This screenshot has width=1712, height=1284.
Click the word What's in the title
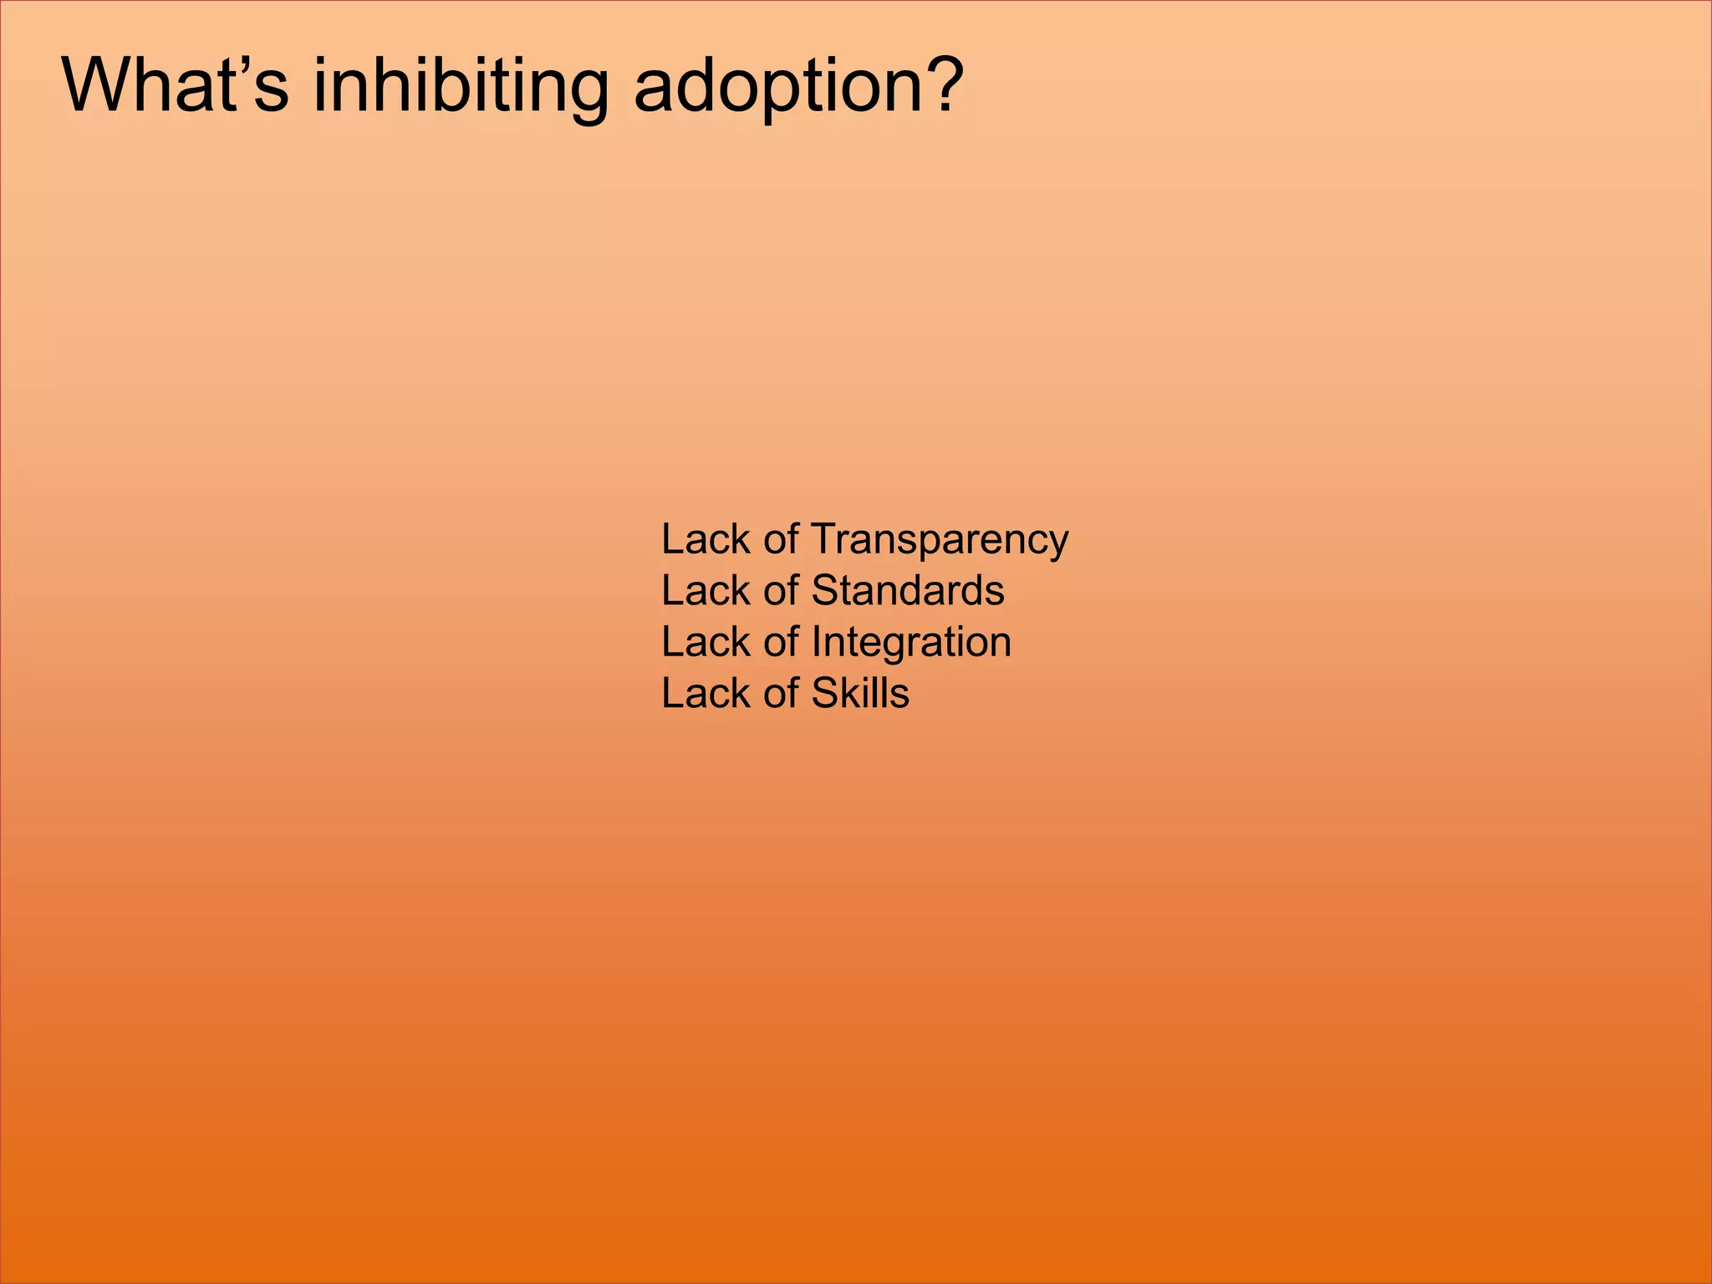(175, 85)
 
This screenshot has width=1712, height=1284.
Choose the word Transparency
(940, 540)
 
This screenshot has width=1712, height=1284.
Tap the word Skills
(860, 693)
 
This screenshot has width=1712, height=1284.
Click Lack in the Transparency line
(706, 539)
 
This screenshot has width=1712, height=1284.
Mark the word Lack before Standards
(706, 590)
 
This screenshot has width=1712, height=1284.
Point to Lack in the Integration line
(706, 642)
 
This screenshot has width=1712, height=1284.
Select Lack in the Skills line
(706, 693)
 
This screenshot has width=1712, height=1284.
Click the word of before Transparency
(781, 539)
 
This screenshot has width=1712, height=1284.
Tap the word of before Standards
(781, 590)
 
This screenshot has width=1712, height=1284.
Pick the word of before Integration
(781, 642)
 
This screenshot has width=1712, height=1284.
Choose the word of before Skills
(781, 693)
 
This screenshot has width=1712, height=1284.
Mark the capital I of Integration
(817, 642)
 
